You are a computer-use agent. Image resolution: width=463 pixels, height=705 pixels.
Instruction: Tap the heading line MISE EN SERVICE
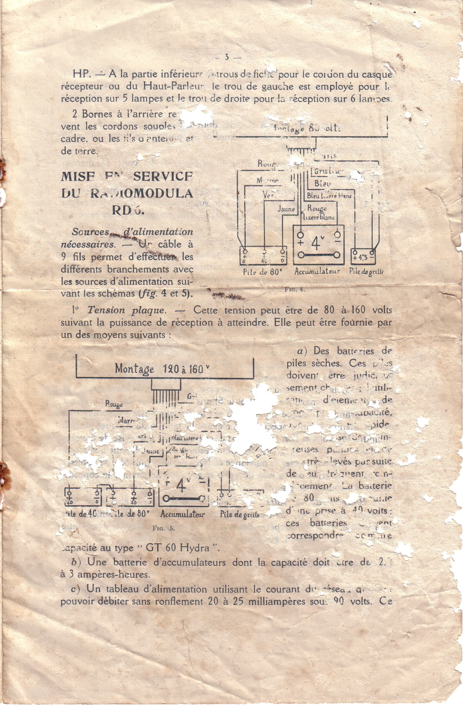pyautogui.click(x=127, y=176)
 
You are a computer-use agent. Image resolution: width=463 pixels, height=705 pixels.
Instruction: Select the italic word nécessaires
pyautogui.click(x=87, y=245)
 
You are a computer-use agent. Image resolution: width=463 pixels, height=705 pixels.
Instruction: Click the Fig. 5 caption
pyautogui.click(x=164, y=528)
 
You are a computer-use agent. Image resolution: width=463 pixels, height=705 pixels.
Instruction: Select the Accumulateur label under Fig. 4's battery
pyautogui.click(x=317, y=271)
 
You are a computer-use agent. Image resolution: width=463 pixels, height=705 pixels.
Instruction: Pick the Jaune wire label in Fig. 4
pyautogui.click(x=286, y=209)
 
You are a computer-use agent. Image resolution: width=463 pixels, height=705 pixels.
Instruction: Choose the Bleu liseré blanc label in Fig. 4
pyautogui.click(x=329, y=196)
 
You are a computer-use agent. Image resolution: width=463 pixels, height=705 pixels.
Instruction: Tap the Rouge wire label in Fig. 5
pyautogui.click(x=114, y=404)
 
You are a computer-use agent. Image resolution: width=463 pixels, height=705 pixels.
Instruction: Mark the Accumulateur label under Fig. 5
pyautogui.click(x=183, y=514)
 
